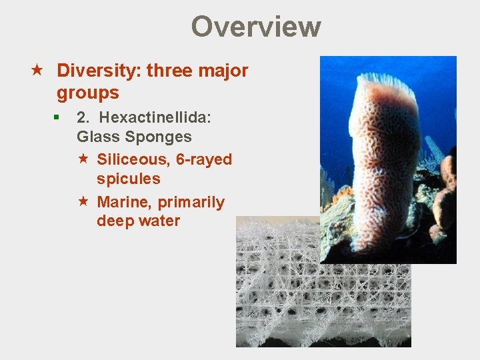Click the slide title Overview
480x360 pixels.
coord(256,27)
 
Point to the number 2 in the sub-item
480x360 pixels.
coord(83,118)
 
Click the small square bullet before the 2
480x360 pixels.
coord(58,117)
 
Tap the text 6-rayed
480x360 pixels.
coord(203,160)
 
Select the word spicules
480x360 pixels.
coord(128,179)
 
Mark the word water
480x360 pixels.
coord(159,221)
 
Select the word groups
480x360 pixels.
coord(88,93)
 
